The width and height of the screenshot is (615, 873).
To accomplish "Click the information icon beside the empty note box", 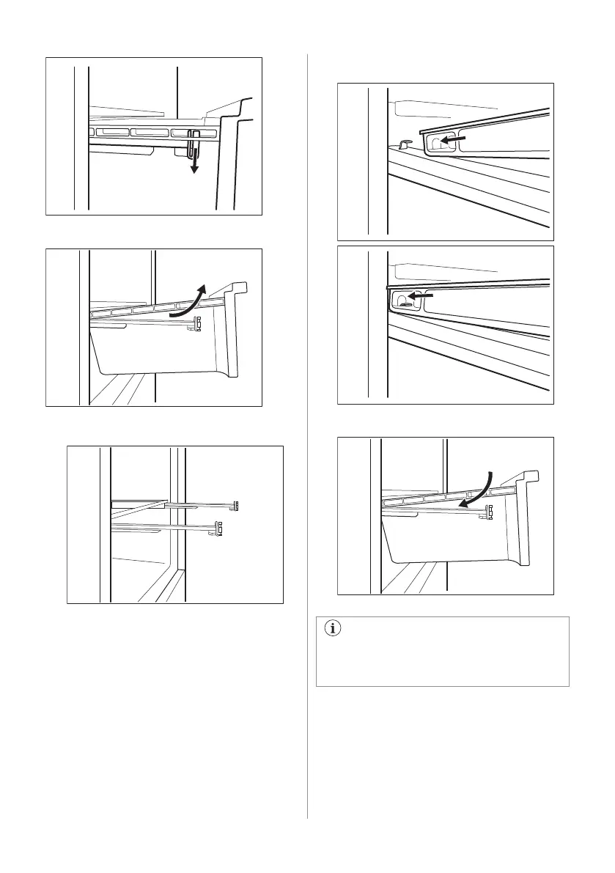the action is tap(336, 628).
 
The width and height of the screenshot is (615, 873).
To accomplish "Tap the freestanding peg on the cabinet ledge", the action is tap(402, 145).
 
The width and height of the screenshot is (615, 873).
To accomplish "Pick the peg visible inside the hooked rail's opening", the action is tap(401, 298).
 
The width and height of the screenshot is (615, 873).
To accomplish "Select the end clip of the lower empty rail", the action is tap(218, 528).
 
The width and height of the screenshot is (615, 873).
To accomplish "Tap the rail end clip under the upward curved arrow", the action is tap(197, 324).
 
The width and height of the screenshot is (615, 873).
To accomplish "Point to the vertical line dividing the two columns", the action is tap(307, 440).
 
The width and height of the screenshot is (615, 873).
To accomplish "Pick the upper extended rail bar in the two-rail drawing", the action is tap(198, 504).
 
